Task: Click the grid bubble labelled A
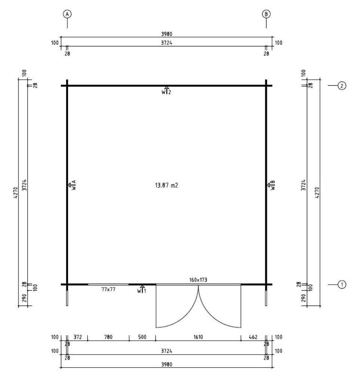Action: pyautogui.click(x=67, y=14)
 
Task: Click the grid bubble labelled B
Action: pyautogui.click(x=266, y=14)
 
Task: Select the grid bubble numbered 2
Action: pyautogui.click(x=342, y=86)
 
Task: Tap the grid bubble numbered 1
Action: pyautogui.click(x=342, y=285)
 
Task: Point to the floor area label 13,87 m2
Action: pyautogui.click(x=167, y=186)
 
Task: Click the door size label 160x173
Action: pyautogui.click(x=198, y=280)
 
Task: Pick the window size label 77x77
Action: pyautogui.click(x=109, y=289)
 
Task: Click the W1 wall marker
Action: pyautogui.click(x=142, y=289)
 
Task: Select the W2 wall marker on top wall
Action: pyautogui.click(x=167, y=91)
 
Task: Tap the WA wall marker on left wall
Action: pyautogui.click(x=72, y=185)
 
